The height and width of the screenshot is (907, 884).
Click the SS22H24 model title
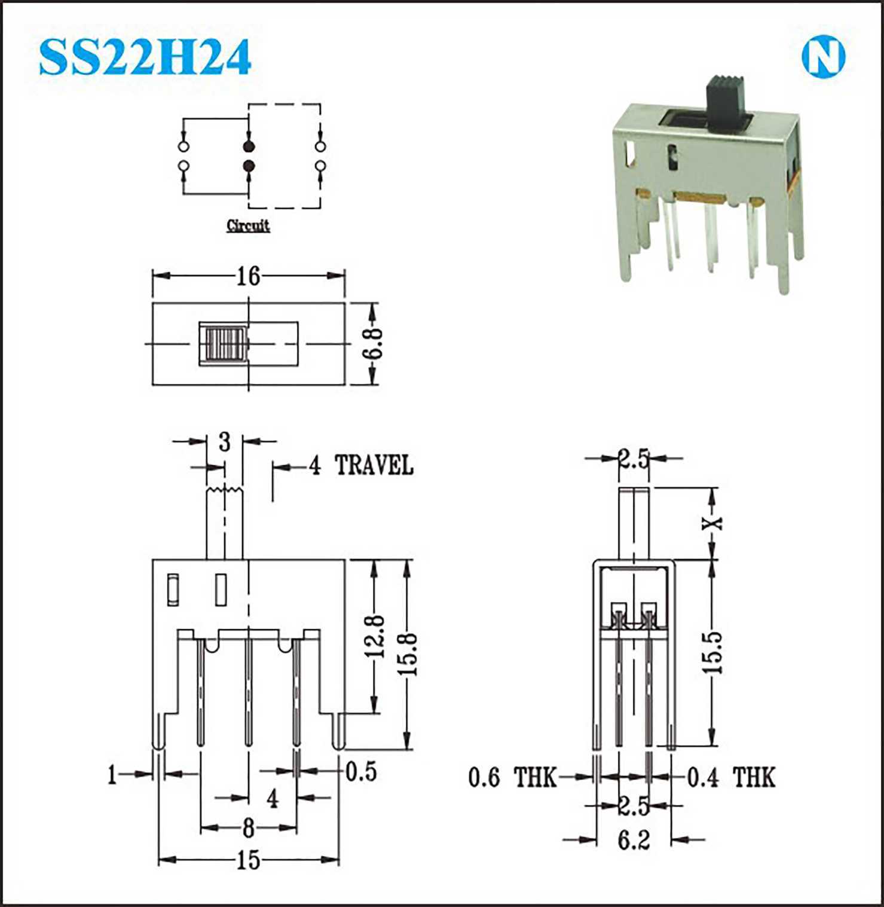click(x=145, y=57)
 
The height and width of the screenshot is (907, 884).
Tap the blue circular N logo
click(x=823, y=57)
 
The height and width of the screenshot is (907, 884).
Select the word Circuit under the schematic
click(x=248, y=225)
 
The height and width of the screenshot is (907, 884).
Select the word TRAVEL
click(x=374, y=465)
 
